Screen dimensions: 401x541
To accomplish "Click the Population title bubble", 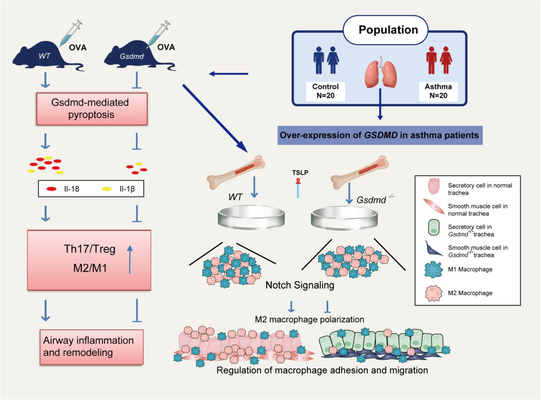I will (385, 30).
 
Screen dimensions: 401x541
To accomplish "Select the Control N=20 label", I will (325, 91).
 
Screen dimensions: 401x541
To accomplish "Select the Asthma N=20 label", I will (438, 91).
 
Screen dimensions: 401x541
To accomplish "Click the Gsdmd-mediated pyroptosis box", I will (92, 109).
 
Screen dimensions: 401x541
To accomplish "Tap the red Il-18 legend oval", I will (51, 189).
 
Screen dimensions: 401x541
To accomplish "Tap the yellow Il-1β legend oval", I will (107, 189).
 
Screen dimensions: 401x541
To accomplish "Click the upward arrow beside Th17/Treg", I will (130, 259).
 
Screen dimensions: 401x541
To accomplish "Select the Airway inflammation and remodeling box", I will (91, 347).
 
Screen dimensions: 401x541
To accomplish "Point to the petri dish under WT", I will (251, 217).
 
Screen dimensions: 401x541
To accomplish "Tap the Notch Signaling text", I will (300, 285).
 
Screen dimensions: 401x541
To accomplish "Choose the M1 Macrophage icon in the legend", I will (434, 269).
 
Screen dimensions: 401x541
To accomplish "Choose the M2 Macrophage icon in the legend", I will (434, 293).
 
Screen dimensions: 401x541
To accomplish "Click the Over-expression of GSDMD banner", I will (380, 135).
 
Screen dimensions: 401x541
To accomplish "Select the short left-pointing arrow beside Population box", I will (229, 74).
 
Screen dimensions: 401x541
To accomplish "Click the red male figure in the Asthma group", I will (431, 60).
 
